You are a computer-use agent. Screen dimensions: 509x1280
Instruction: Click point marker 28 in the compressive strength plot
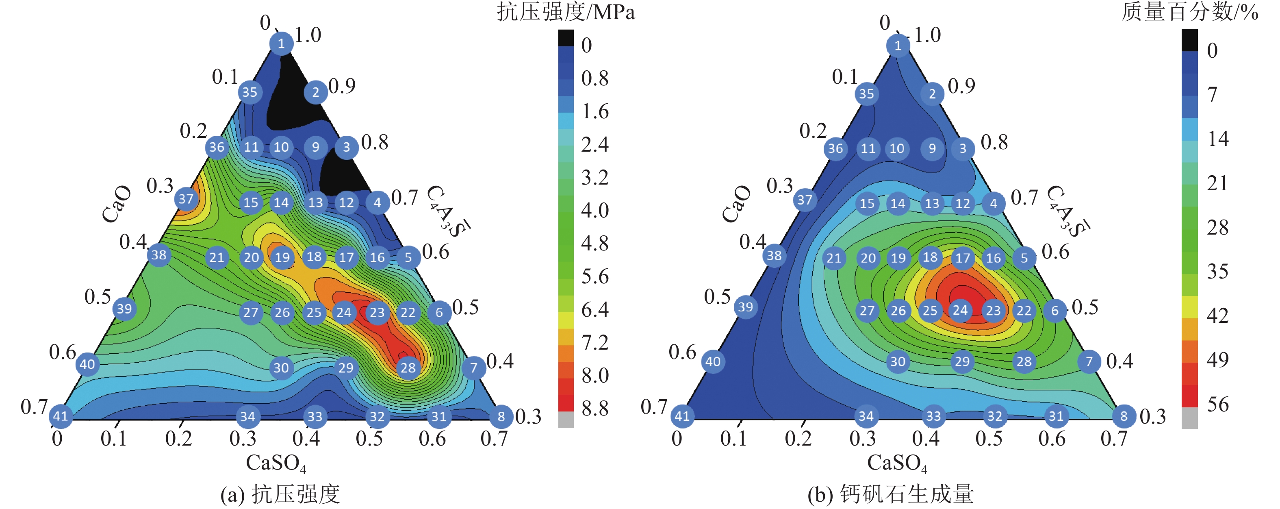tap(408, 368)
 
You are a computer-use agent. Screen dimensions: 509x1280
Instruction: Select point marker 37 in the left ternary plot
tap(186, 199)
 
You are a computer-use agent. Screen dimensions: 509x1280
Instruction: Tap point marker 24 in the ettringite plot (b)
tap(960, 310)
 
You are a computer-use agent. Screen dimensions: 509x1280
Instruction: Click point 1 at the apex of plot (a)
tap(281, 44)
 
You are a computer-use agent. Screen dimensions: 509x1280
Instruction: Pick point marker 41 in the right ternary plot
tap(682, 416)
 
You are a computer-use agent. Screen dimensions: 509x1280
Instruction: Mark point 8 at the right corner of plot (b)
tap(1124, 416)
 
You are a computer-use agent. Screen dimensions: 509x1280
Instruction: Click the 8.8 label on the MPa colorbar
tap(595, 409)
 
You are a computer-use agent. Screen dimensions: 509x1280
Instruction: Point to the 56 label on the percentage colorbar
tap(1218, 404)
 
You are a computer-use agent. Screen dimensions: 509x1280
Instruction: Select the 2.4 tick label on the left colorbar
tap(595, 145)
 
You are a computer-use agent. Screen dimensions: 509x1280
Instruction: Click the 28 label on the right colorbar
tap(1217, 227)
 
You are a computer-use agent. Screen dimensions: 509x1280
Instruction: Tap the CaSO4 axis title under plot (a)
tap(276, 463)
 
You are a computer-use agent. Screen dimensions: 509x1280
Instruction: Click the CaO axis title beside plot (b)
tap(736, 204)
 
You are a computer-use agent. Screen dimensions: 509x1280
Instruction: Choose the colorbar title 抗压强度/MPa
tap(566, 12)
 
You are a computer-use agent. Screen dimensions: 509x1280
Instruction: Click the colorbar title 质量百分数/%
tap(1189, 12)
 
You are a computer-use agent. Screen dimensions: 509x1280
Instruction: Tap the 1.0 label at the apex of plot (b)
tap(927, 35)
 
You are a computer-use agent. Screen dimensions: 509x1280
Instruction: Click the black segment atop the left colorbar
tap(566, 38)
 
